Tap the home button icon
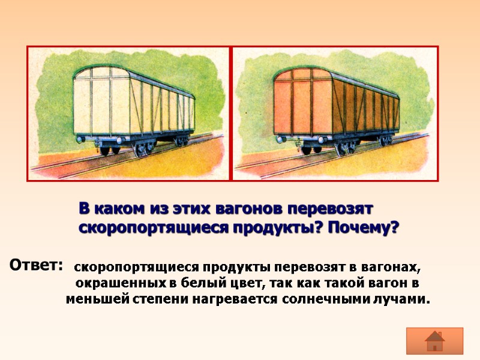(x=434, y=341)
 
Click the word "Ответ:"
(x=36, y=264)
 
